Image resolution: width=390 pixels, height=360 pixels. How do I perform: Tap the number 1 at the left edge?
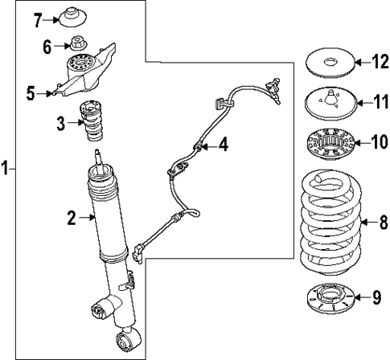pyautogui.click(x=6, y=169)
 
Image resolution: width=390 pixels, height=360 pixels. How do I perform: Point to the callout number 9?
pyautogui.click(x=376, y=299)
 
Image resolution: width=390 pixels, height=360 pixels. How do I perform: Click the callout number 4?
pyautogui.click(x=223, y=145)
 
